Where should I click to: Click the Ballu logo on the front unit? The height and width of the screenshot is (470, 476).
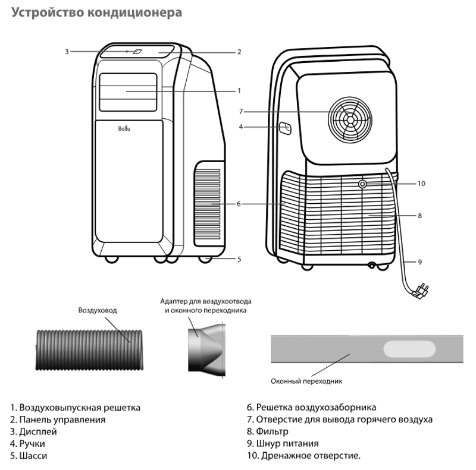124,128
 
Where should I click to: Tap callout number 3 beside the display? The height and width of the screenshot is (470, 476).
67,52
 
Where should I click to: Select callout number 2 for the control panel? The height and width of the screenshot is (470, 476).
239,52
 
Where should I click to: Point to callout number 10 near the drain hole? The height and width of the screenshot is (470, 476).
421,184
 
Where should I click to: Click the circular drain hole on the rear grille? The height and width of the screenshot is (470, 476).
362,184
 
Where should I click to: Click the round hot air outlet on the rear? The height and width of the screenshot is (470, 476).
350,120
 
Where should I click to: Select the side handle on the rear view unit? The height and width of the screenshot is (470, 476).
286,128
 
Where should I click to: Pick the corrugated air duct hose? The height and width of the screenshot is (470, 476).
89,349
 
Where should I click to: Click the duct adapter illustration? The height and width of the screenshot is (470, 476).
206,350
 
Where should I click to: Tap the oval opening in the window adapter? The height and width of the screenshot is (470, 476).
409,349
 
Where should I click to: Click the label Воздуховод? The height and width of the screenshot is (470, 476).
98,310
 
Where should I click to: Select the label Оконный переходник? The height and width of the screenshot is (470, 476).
306,381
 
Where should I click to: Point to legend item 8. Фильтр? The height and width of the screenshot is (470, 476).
267,431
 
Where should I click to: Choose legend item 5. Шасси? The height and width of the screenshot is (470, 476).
29,456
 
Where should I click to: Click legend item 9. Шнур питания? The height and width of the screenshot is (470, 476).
283,443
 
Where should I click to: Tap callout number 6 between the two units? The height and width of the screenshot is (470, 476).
239,204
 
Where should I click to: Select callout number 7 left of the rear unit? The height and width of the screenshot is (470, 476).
241,112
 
